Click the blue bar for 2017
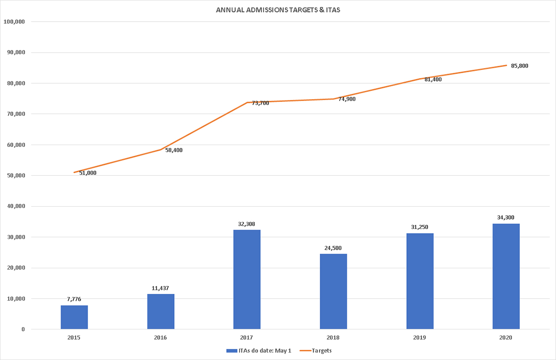coord(247,279)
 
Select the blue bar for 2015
coord(74,317)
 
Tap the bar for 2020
coord(506,276)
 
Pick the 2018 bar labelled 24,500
coord(333,291)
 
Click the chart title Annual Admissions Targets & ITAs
coord(278,10)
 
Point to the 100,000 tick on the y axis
coord(15,22)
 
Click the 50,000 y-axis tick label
coord(17,176)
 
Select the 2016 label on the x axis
coord(160,338)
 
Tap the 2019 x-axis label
coord(420,338)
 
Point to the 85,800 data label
coord(519,66)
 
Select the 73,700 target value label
coord(260,103)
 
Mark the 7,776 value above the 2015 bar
coord(74,299)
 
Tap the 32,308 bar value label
coord(247,224)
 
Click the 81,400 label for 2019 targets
coord(433,79)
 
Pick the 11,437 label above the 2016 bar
coord(160,288)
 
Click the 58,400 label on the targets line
coord(174,150)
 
